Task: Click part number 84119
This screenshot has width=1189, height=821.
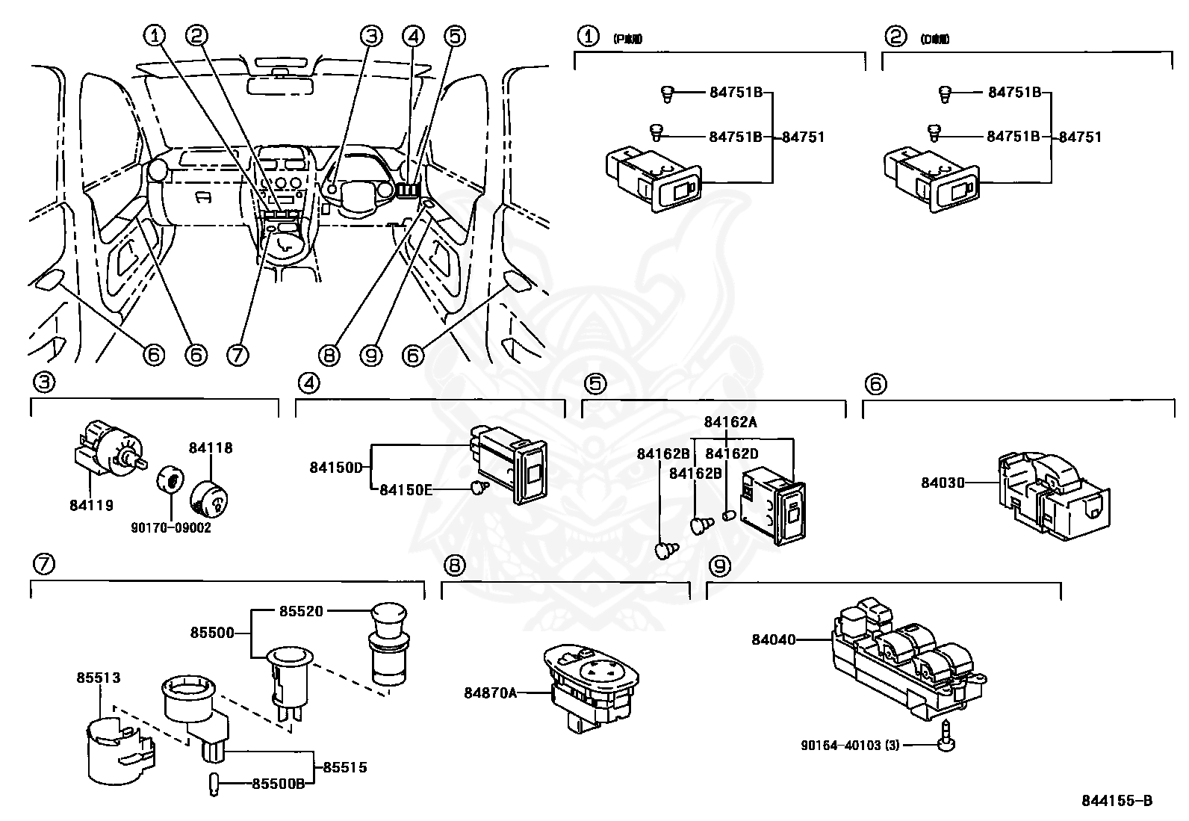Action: [x=91, y=506]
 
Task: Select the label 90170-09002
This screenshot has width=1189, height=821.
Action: [x=172, y=527]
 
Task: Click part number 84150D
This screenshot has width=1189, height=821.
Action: [x=335, y=468]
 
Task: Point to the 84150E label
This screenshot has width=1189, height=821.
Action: [x=406, y=489]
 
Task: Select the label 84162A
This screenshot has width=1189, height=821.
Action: [x=730, y=421]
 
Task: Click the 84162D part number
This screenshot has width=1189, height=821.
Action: [x=731, y=453]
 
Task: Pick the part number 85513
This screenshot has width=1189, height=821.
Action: [x=98, y=678]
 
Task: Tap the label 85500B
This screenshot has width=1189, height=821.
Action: [x=278, y=784]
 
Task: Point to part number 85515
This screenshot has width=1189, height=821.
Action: [x=344, y=767]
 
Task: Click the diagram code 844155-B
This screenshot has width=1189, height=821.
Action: [x=1117, y=801]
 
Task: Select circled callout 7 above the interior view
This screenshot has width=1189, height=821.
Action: [x=238, y=354]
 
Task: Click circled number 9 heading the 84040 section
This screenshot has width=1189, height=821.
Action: [x=718, y=567]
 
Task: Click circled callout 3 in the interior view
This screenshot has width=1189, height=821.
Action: [x=372, y=35]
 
